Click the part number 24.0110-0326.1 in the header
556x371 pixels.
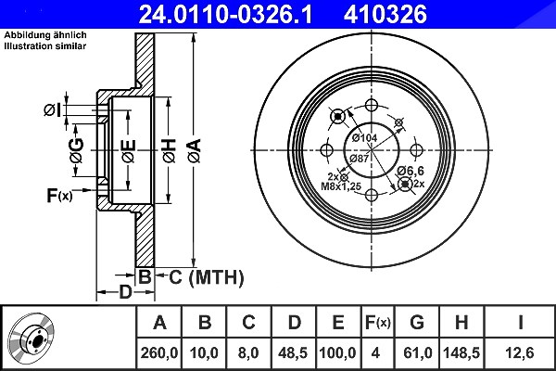pos(225,15)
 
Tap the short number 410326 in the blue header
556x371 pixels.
pos(385,15)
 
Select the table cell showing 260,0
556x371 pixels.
pos(159,352)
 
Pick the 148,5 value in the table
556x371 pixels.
pos(461,352)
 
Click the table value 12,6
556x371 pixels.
pos(520,352)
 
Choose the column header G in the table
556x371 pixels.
pos(417,323)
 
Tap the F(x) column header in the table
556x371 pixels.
pos(378,323)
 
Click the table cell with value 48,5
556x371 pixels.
pos(293,352)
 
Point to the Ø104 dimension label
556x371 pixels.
pos(364,138)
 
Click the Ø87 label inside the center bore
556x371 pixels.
pos(360,159)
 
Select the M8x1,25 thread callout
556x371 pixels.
pos(341,186)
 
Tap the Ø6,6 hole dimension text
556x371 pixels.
pos(411,171)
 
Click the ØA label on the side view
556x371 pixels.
pos(195,150)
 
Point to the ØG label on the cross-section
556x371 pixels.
pos(77,150)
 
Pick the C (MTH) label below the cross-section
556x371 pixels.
pos(207,277)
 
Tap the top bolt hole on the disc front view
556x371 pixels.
pos(372,106)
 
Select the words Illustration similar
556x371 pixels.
pos(45,45)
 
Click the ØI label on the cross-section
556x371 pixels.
pos(52,110)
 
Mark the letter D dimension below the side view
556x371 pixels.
pos(125,292)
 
